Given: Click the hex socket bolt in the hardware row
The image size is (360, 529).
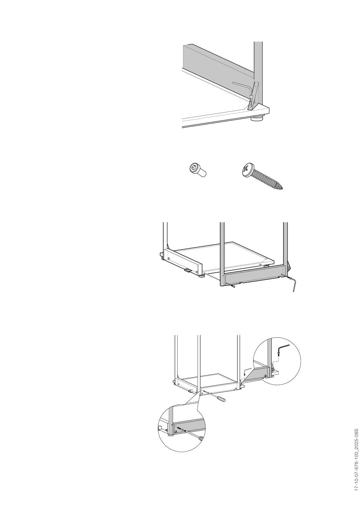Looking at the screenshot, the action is tap(198, 170).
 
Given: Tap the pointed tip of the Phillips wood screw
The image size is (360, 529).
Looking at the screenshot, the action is tap(282, 189).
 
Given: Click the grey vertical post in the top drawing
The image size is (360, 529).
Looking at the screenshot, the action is tap(258, 73).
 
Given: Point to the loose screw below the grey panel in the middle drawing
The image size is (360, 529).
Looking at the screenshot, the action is tap(233, 286).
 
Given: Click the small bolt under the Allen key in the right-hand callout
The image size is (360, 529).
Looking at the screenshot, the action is tap(278, 354).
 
